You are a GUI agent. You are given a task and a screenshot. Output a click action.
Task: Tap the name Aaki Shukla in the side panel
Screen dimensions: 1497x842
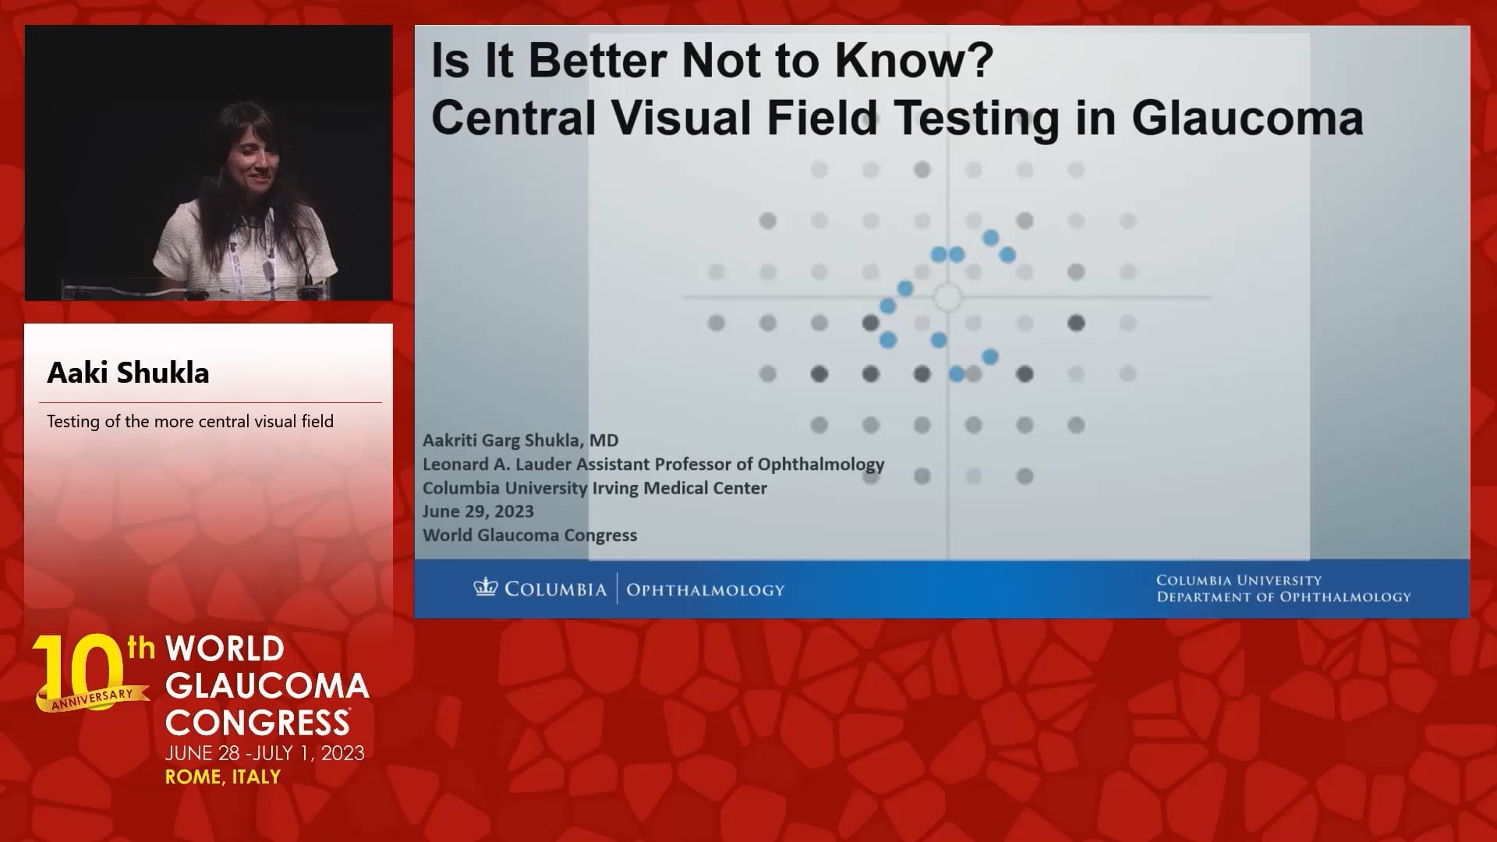[128, 373]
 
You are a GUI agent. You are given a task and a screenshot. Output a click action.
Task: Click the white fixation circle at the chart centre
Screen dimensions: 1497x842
[947, 297]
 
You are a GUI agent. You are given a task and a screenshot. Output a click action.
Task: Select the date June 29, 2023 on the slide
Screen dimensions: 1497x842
[478, 511]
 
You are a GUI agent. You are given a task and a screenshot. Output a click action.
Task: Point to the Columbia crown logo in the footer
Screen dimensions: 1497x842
[485, 587]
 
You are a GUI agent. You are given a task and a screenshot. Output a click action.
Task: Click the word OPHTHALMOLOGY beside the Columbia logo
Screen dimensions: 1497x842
[706, 589]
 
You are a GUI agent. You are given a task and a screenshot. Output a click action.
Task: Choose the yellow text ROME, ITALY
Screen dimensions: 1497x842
[223, 777]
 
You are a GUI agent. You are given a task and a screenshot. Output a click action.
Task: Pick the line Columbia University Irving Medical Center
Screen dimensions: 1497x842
[595, 488]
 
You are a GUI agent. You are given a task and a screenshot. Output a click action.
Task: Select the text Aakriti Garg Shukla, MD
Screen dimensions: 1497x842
[520, 440]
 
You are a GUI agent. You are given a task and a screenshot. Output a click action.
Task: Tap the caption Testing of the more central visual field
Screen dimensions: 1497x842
[190, 422]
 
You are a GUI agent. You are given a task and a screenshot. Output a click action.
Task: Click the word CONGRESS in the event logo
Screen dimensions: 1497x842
[257, 722]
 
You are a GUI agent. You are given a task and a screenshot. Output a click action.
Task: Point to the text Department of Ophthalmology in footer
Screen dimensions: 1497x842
[1283, 597]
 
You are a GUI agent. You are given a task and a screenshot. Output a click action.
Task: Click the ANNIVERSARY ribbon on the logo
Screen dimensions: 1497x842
[93, 699]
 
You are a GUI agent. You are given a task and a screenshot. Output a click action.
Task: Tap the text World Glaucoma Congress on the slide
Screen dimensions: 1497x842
[529, 536]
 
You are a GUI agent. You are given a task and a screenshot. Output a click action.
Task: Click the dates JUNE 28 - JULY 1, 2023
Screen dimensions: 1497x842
[265, 753]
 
